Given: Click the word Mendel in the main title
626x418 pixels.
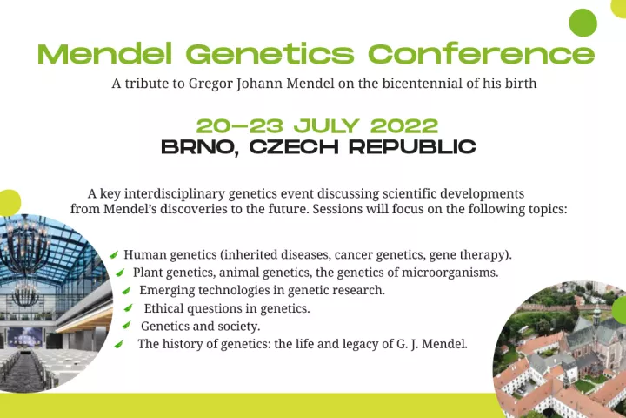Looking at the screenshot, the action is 105,54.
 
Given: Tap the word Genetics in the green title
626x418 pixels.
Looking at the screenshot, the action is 270,54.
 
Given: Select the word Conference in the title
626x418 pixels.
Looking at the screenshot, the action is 481,54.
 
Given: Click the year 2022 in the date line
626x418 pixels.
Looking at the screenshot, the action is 404,126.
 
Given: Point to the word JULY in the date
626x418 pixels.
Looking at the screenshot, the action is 327,126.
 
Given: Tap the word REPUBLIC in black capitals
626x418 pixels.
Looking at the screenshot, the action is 412,147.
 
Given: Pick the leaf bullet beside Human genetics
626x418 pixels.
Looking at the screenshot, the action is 114,254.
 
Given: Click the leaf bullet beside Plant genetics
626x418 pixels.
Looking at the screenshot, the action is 120,273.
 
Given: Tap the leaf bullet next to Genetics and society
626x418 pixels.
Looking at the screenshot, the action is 126,325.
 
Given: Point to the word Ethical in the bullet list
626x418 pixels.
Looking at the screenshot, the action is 164,308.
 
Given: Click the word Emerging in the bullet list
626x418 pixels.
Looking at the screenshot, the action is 167,290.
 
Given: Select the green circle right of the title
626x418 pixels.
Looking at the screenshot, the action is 583,23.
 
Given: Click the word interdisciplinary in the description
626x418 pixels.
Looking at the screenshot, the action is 175,194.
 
